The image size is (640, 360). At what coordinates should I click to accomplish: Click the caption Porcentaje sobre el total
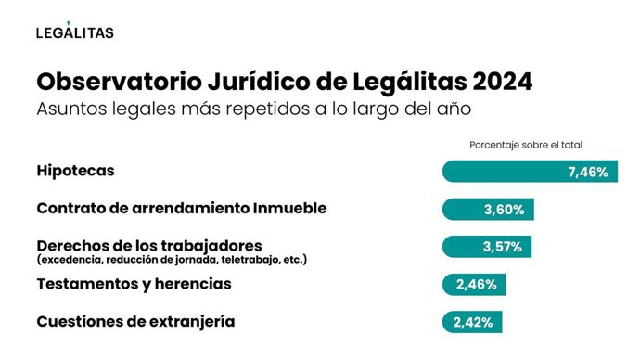526,145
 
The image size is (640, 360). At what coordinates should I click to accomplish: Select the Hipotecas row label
76,172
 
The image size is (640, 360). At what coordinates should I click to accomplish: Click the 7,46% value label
587,172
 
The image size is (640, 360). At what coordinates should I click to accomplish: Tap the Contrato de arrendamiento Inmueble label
181,209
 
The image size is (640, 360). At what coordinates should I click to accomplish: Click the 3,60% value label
504,210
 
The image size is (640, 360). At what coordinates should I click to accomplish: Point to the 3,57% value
503,247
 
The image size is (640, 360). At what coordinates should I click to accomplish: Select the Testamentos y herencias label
134,284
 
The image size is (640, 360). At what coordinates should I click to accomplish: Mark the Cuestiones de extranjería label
135,322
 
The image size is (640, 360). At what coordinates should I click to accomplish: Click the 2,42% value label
472,323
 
